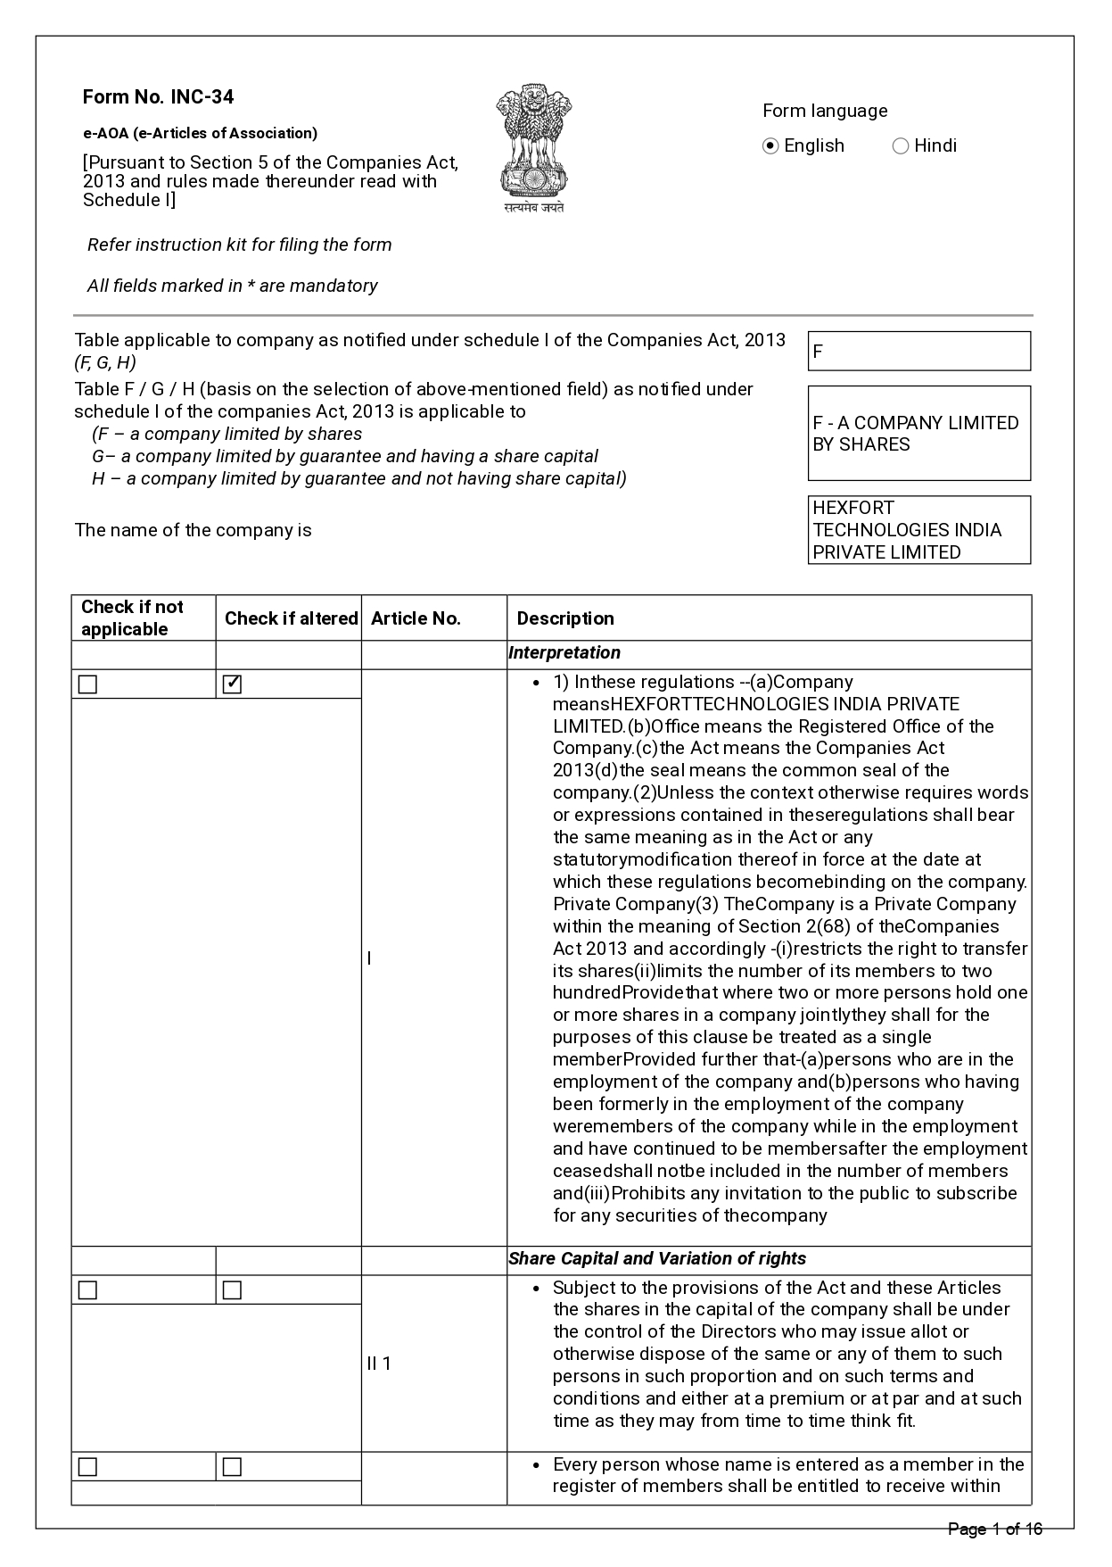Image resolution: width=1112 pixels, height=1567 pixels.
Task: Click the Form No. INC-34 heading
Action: (x=158, y=97)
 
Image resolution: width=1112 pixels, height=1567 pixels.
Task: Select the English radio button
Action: (x=771, y=146)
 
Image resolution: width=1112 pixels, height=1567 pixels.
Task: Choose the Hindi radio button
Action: (x=901, y=146)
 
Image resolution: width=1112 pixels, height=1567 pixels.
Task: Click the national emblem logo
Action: (x=533, y=147)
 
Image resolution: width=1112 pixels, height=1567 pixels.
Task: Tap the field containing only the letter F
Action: (x=918, y=352)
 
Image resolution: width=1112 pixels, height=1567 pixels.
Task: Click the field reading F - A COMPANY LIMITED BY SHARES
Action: (x=918, y=434)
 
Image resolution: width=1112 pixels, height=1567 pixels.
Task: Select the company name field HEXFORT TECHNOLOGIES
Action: (x=918, y=530)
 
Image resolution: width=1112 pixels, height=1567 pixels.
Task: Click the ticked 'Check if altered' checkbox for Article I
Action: (x=232, y=684)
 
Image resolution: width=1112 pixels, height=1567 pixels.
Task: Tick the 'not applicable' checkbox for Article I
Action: (x=87, y=684)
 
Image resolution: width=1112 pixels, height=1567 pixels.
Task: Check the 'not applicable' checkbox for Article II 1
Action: (x=87, y=1290)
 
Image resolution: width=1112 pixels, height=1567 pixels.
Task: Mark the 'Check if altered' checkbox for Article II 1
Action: (x=232, y=1290)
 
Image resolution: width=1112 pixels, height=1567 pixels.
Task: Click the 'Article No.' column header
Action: (x=416, y=618)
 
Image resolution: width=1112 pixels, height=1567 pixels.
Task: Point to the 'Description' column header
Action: (x=565, y=618)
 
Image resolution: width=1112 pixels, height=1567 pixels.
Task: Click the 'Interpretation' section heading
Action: (x=564, y=653)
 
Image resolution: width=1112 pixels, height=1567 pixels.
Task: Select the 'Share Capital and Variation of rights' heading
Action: (x=657, y=1259)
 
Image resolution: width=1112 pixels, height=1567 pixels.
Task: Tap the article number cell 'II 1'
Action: (x=379, y=1364)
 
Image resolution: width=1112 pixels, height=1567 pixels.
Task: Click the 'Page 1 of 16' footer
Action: (x=995, y=1530)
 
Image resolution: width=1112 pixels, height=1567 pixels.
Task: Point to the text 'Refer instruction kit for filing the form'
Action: (x=239, y=245)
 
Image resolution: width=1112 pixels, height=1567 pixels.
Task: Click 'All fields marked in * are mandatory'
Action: (x=232, y=286)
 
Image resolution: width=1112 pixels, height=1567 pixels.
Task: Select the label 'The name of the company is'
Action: (x=194, y=531)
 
